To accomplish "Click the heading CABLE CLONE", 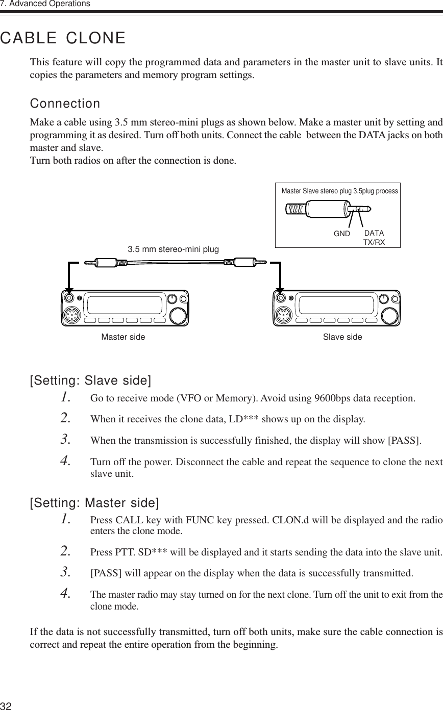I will (63, 38).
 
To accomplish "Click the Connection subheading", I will (65, 104).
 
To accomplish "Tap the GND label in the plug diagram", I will (341, 234).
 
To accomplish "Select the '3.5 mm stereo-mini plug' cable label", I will (173, 249).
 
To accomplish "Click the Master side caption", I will (123, 337).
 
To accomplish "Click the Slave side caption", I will (342, 337).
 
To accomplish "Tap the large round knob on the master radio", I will (178, 315).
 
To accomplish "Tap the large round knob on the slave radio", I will (388, 315).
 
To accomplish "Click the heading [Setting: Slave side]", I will (91, 381).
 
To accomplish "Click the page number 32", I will (6, 705).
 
